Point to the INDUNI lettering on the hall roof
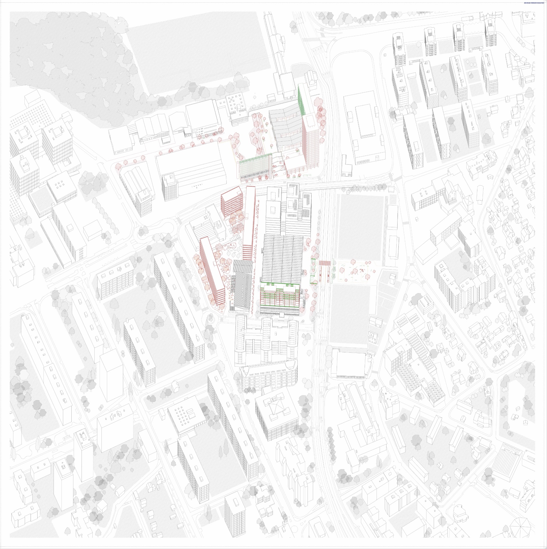[197, 185]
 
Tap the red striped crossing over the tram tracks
[324, 263]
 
